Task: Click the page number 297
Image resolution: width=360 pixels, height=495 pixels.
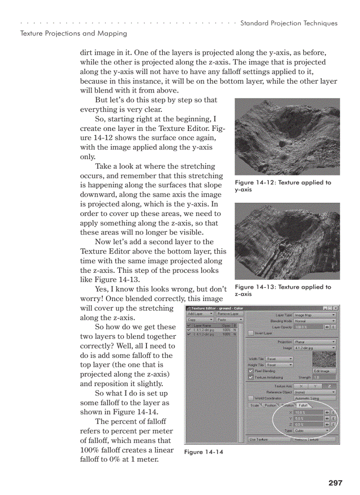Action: (335, 483)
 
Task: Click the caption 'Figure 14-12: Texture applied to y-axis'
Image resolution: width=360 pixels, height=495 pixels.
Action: (282, 186)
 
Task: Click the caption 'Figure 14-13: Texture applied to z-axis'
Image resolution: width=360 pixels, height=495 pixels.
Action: (282, 290)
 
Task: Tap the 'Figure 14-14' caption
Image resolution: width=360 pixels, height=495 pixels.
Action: (203, 452)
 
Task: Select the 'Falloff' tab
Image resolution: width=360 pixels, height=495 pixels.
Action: (303, 405)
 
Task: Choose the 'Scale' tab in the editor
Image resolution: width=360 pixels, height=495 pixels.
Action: (255, 405)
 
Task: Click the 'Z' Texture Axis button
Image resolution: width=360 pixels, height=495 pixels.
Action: (329, 386)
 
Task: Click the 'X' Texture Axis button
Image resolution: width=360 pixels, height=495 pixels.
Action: (301, 386)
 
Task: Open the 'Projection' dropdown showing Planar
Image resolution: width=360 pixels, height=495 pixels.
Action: (315, 342)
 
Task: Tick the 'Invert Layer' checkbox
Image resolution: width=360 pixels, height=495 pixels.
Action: (251, 333)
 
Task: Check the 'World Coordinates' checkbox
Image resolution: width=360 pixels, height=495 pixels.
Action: (251, 398)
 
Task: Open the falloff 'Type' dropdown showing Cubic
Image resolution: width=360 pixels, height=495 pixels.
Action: (311, 430)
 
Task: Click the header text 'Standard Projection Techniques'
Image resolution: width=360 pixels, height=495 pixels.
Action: (289, 23)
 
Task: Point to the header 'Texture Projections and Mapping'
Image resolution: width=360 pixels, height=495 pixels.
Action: (74, 33)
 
